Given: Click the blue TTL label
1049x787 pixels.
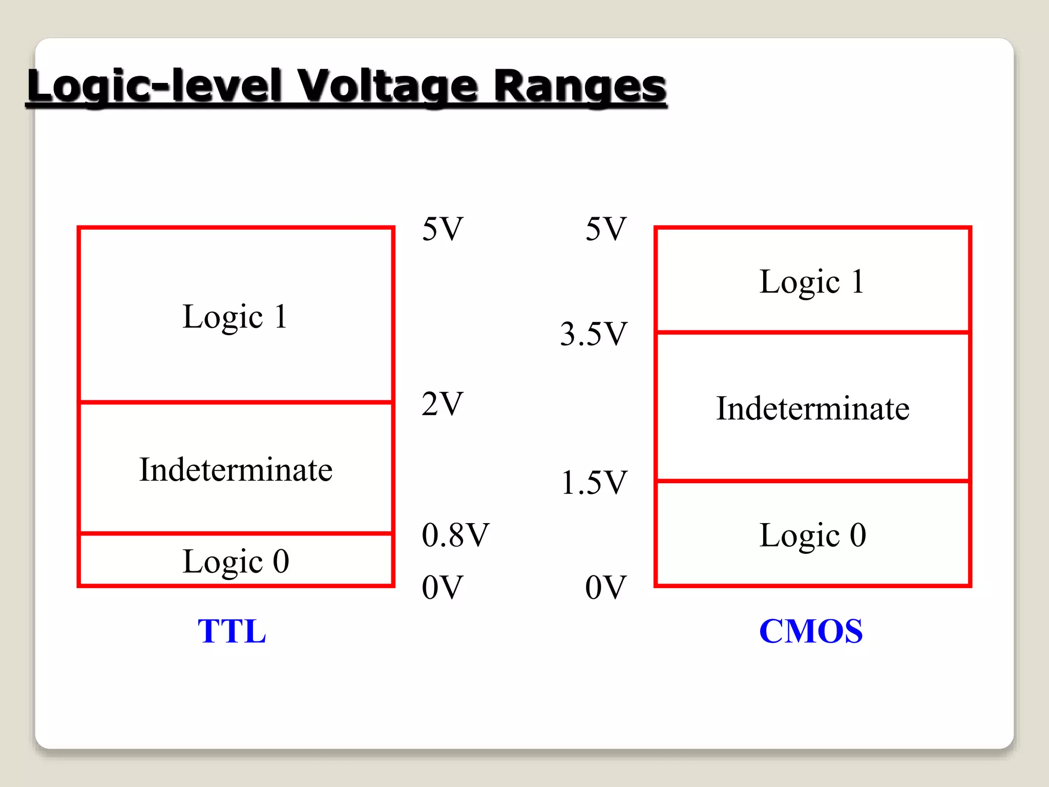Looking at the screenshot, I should click(232, 631).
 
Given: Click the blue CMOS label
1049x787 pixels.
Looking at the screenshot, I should click(811, 631).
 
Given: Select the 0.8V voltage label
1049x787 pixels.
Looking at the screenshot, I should click(455, 535).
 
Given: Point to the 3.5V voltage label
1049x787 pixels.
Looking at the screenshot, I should click(594, 334).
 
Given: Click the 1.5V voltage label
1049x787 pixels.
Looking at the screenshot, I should click(594, 482).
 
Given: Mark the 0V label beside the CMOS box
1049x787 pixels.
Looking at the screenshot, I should click(606, 587).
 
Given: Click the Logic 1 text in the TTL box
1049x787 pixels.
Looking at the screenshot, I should click(235, 316).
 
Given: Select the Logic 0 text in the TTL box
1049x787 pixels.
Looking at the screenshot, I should click(236, 561).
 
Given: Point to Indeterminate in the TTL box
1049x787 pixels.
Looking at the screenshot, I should click(236, 469).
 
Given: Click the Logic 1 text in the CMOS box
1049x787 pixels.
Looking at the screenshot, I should click(812, 281).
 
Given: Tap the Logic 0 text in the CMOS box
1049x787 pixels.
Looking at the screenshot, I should click(813, 535).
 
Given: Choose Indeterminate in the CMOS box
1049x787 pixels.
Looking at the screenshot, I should click(813, 408).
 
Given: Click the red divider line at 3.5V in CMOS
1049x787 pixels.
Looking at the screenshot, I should click(813, 333).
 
